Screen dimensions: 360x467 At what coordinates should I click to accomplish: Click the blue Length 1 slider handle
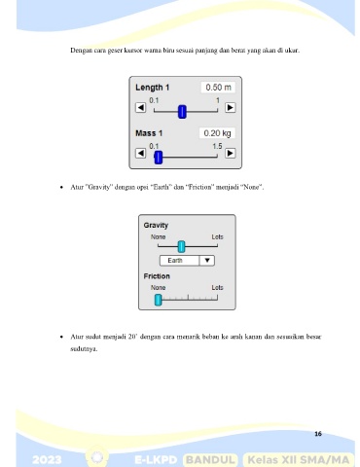pyautogui.click(x=182, y=112)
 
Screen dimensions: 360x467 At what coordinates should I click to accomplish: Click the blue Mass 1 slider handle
pyautogui.click(x=159, y=158)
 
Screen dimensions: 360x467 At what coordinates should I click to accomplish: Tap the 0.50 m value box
pyautogui.click(x=218, y=88)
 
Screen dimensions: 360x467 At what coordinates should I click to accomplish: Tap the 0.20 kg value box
pyautogui.click(x=217, y=133)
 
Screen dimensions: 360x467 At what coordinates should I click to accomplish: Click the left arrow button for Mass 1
pyautogui.click(x=140, y=153)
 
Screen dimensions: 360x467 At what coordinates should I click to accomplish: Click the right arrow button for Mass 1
pyautogui.click(x=231, y=153)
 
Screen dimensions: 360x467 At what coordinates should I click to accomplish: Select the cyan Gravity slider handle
pyautogui.click(x=182, y=247)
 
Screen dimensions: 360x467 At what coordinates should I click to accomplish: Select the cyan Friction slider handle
pyautogui.click(x=158, y=300)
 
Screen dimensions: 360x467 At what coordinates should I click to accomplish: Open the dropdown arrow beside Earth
pyautogui.click(x=207, y=261)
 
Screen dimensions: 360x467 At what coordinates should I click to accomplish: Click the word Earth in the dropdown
pyautogui.click(x=175, y=261)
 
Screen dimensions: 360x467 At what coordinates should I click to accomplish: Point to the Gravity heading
pyautogui.click(x=156, y=225)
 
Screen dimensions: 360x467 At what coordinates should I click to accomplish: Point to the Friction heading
pyautogui.click(x=157, y=276)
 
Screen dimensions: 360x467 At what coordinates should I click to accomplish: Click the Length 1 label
pyautogui.click(x=153, y=88)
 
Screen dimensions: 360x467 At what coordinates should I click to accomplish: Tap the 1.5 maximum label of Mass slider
pyautogui.click(x=217, y=146)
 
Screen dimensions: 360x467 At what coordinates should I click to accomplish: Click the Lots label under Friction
pyautogui.click(x=217, y=288)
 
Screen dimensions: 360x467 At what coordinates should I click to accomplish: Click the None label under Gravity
pyautogui.click(x=158, y=237)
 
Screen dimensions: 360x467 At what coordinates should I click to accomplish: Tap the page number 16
pyautogui.click(x=318, y=434)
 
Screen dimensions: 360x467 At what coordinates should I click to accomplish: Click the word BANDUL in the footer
pyautogui.click(x=210, y=460)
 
